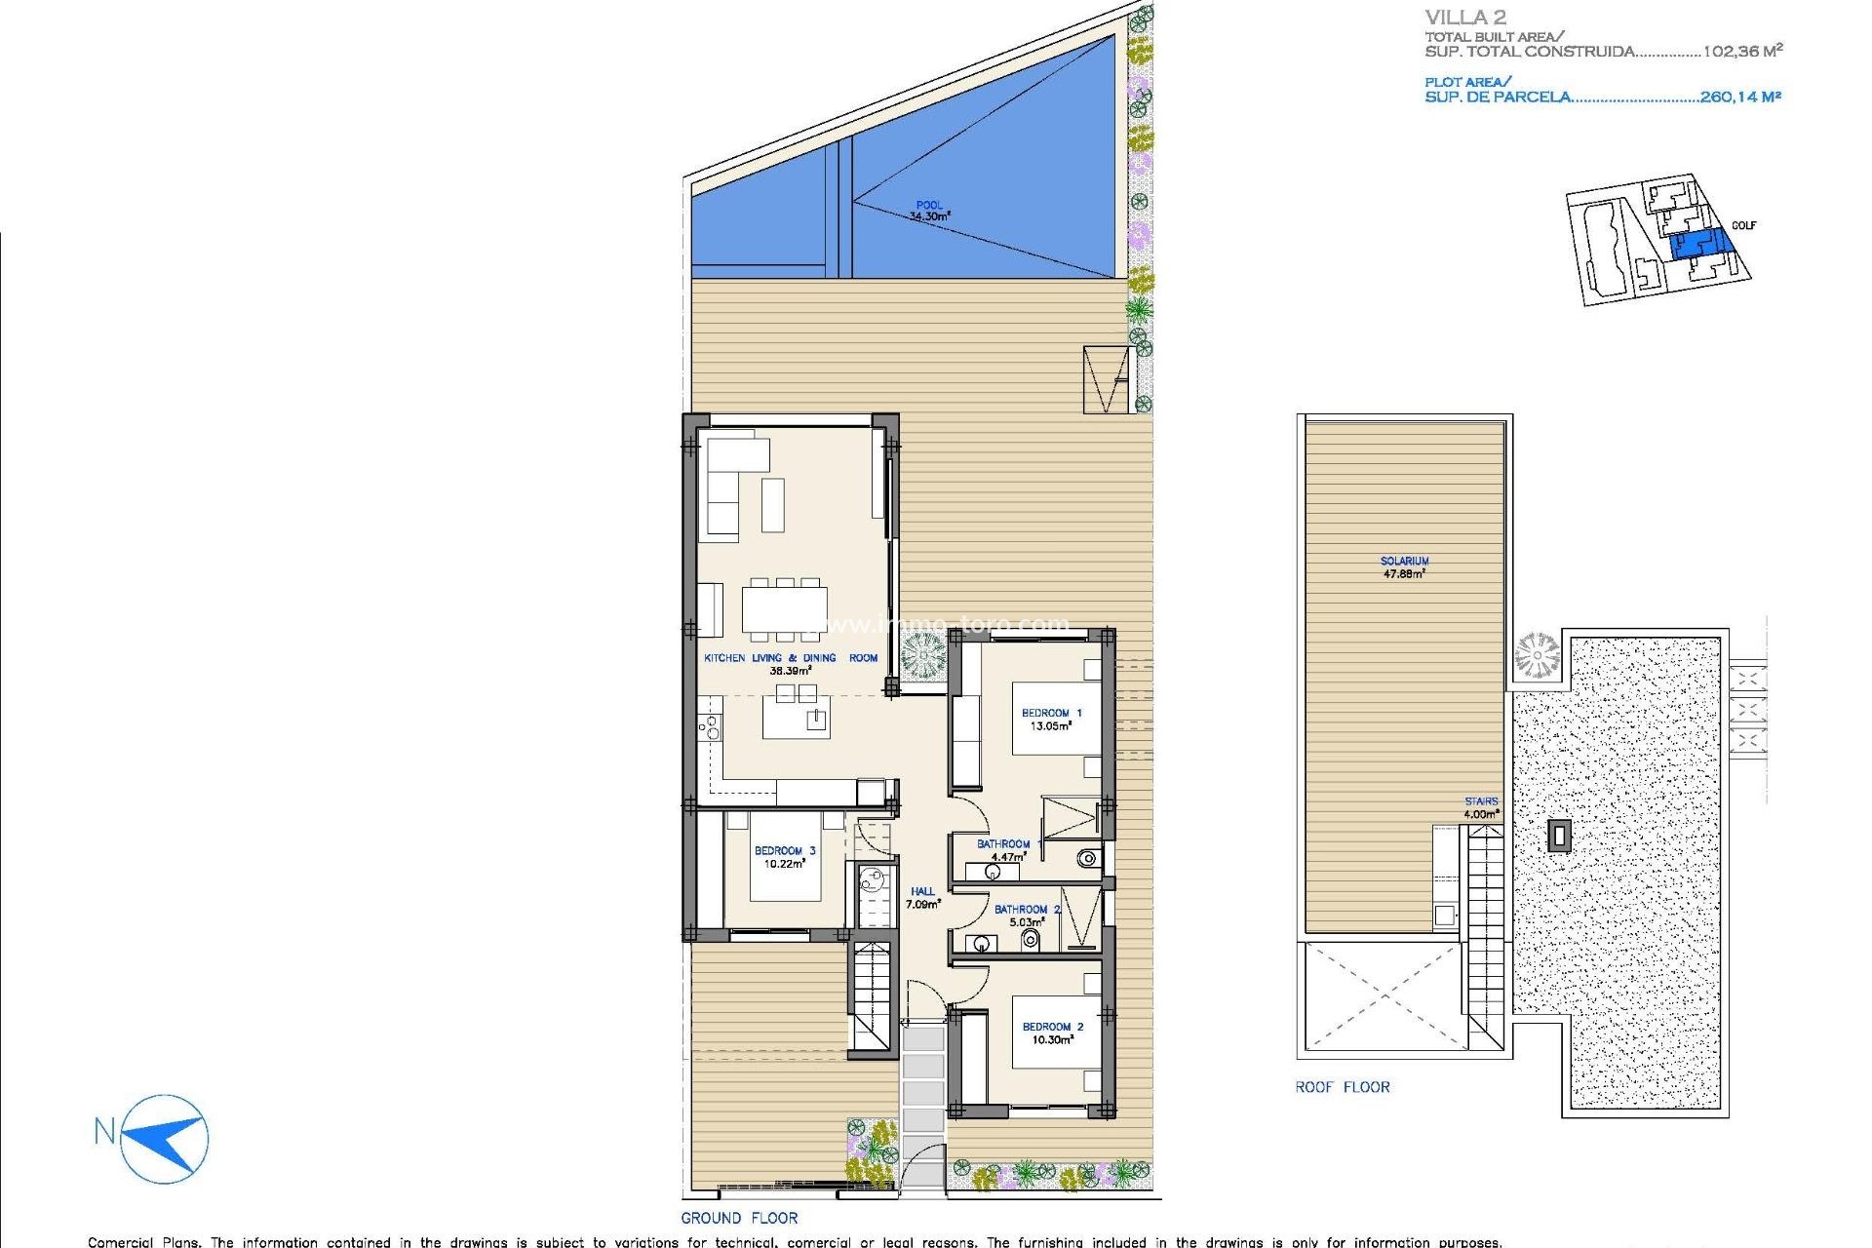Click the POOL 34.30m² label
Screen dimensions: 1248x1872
pyautogui.click(x=929, y=212)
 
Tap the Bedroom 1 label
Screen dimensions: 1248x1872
pyautogui.click(x=1051, y=720)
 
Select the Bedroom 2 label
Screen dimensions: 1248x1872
pyautogui.click(x=1052, y=1033)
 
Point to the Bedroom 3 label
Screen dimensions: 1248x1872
pyautogui.click(x=784, y=857)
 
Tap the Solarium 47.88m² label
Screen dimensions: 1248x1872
pyautogui.click(x=1404, y=567)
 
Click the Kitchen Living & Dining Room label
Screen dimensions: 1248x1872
pyautogui.click(x=791, y=664)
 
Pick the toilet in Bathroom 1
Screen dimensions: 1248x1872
pyautogui.click(x=1087, y=859)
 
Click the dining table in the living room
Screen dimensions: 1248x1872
pyautogui.click(x=784, y=609)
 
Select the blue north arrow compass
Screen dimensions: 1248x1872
pyautogui.click(x=166, y=1138)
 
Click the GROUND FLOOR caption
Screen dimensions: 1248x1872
pyautogui.click(x=739, y=1218)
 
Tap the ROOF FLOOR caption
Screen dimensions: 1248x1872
pyautogui.click(x=1342, y=1087)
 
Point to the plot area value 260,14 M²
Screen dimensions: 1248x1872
pyautogui.click(x=1740, y=97)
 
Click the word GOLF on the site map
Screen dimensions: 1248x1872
pyautogui.click(x=1743, y=225)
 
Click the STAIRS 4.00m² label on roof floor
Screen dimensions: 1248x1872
pyautogui.click(x=1480, y=808)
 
